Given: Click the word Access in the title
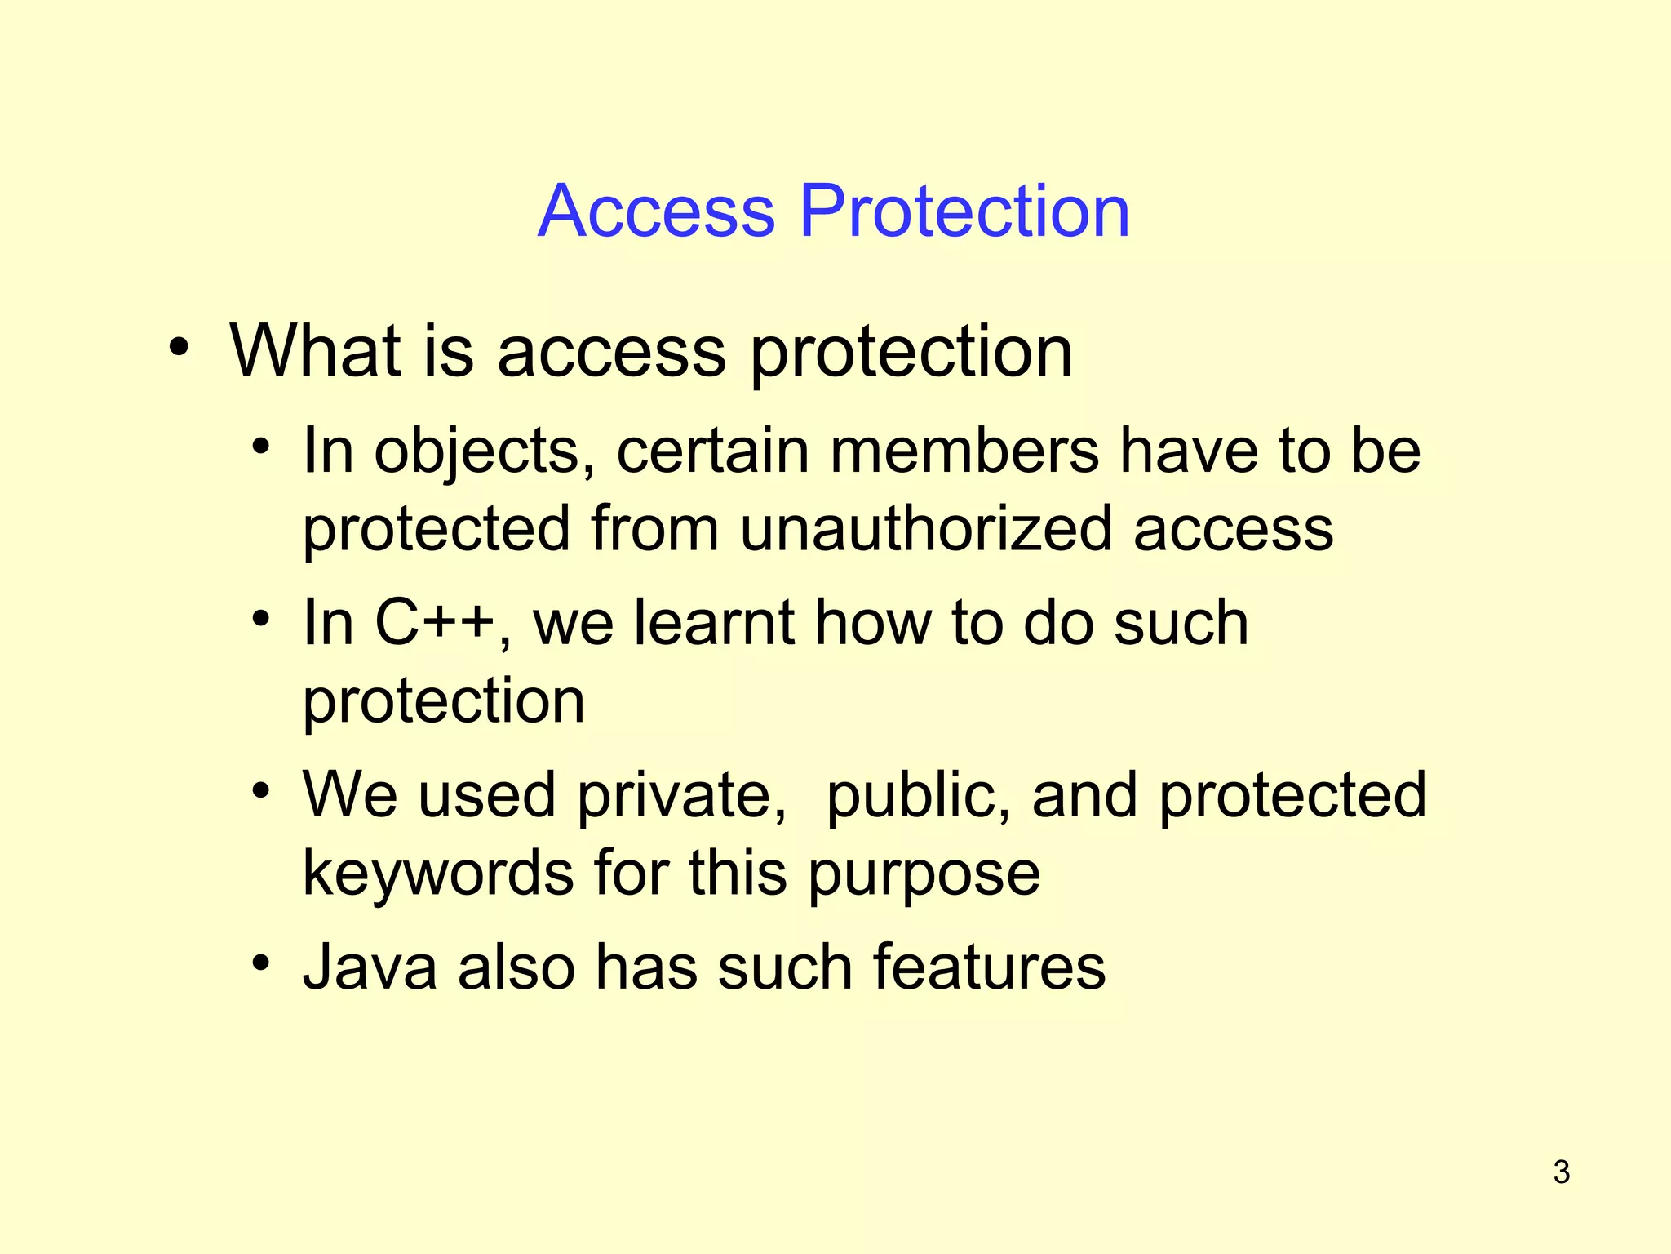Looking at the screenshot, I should (x=657, y=211).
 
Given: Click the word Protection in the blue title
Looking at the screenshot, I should (x=964, y=211).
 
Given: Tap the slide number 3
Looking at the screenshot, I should (x=1561, y=1172).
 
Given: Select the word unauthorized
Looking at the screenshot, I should (x=926, y=529).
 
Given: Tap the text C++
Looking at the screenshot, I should (x=434, y=623).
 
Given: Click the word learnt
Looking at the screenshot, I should (x=714, y=623).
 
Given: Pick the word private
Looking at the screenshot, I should (x=681, y=796).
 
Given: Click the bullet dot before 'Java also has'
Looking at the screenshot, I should (x=260, y=963).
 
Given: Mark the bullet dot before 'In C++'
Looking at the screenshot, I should (x=260, y=618).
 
